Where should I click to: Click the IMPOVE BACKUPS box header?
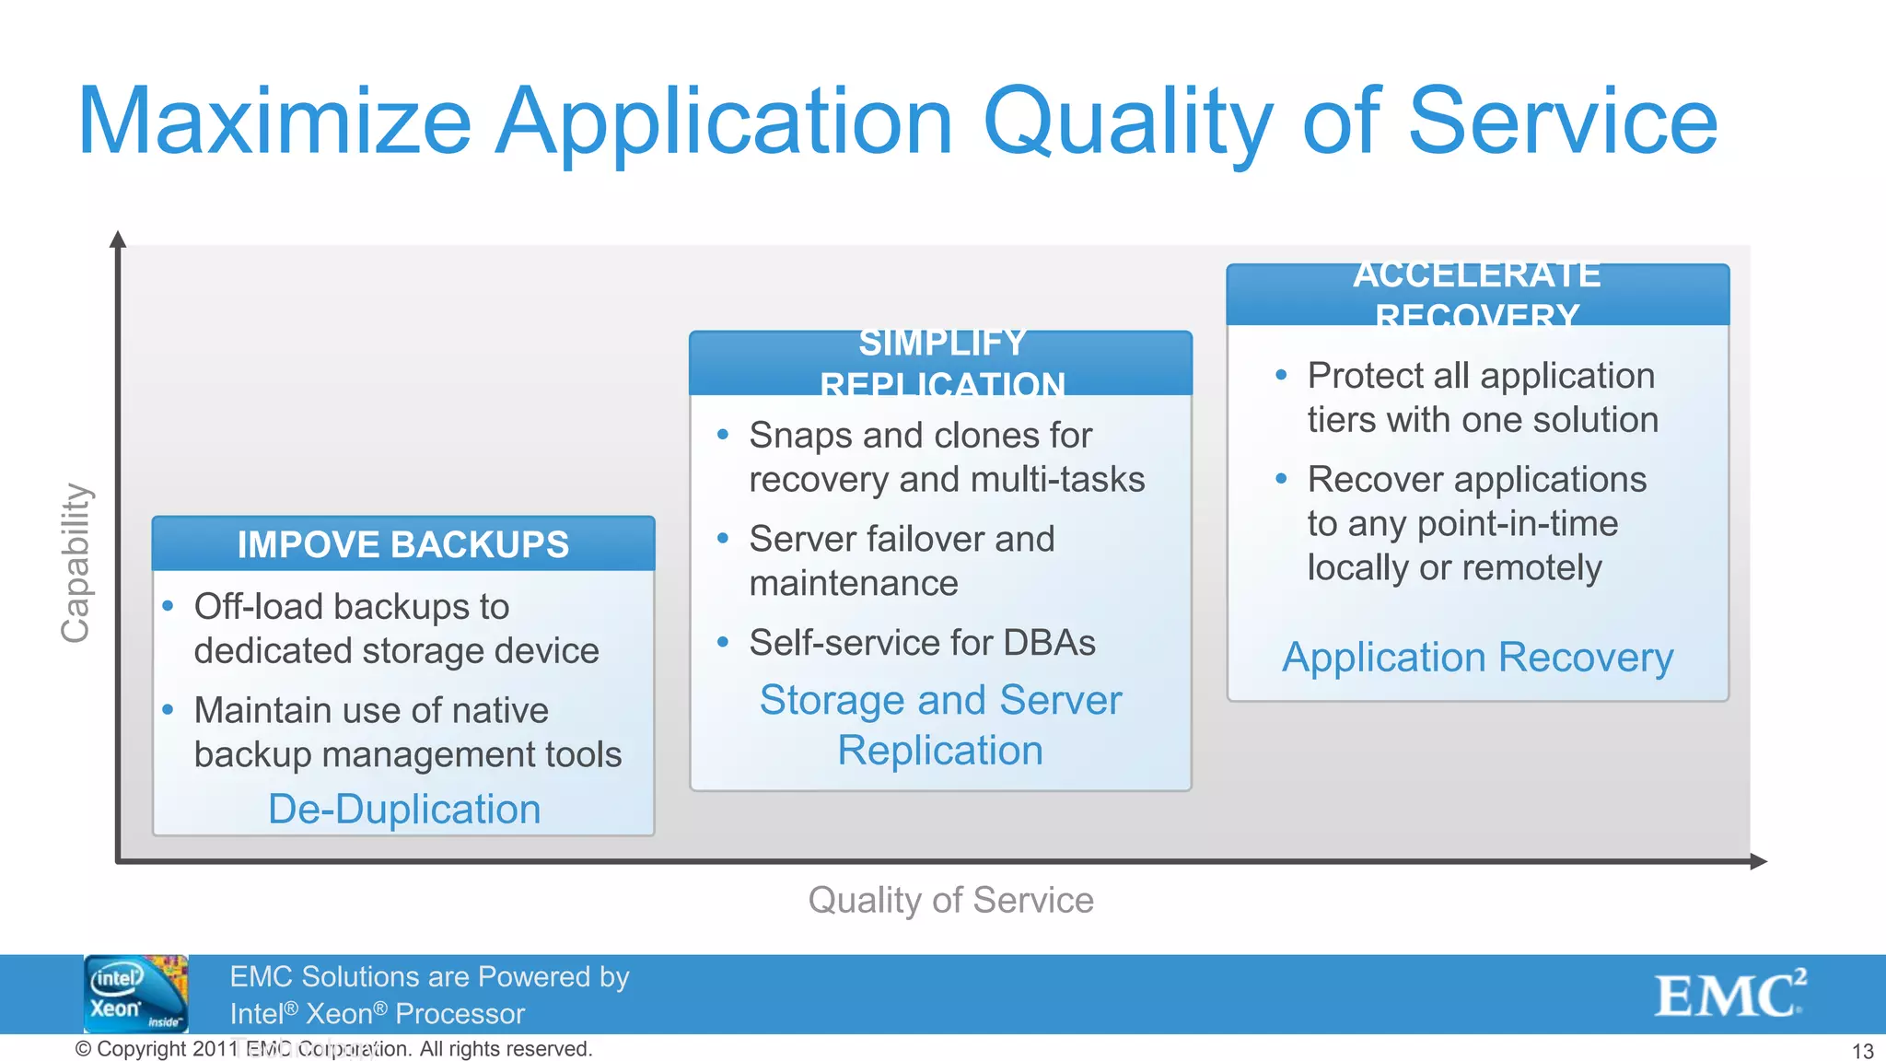[403, 544]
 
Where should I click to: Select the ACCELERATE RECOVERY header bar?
[1477, 295]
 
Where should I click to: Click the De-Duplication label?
[404, 810]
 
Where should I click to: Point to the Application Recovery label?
[1477, 658]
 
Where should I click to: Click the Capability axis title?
[76, 563]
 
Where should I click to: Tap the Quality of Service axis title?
[950, 900]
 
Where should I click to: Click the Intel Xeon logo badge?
[136, 994]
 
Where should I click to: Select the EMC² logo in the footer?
[1730, 994]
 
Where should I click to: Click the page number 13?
[1862, 1051]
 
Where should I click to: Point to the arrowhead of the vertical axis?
[118, 239]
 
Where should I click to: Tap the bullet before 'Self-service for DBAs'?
[723, 642]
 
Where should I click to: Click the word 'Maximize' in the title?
[274, 122]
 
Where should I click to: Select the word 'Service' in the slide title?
[1563, 122]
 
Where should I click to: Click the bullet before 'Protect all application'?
[1281, 375]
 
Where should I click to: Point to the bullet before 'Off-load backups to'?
[168, 606]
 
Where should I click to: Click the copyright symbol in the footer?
[83, 1049]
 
